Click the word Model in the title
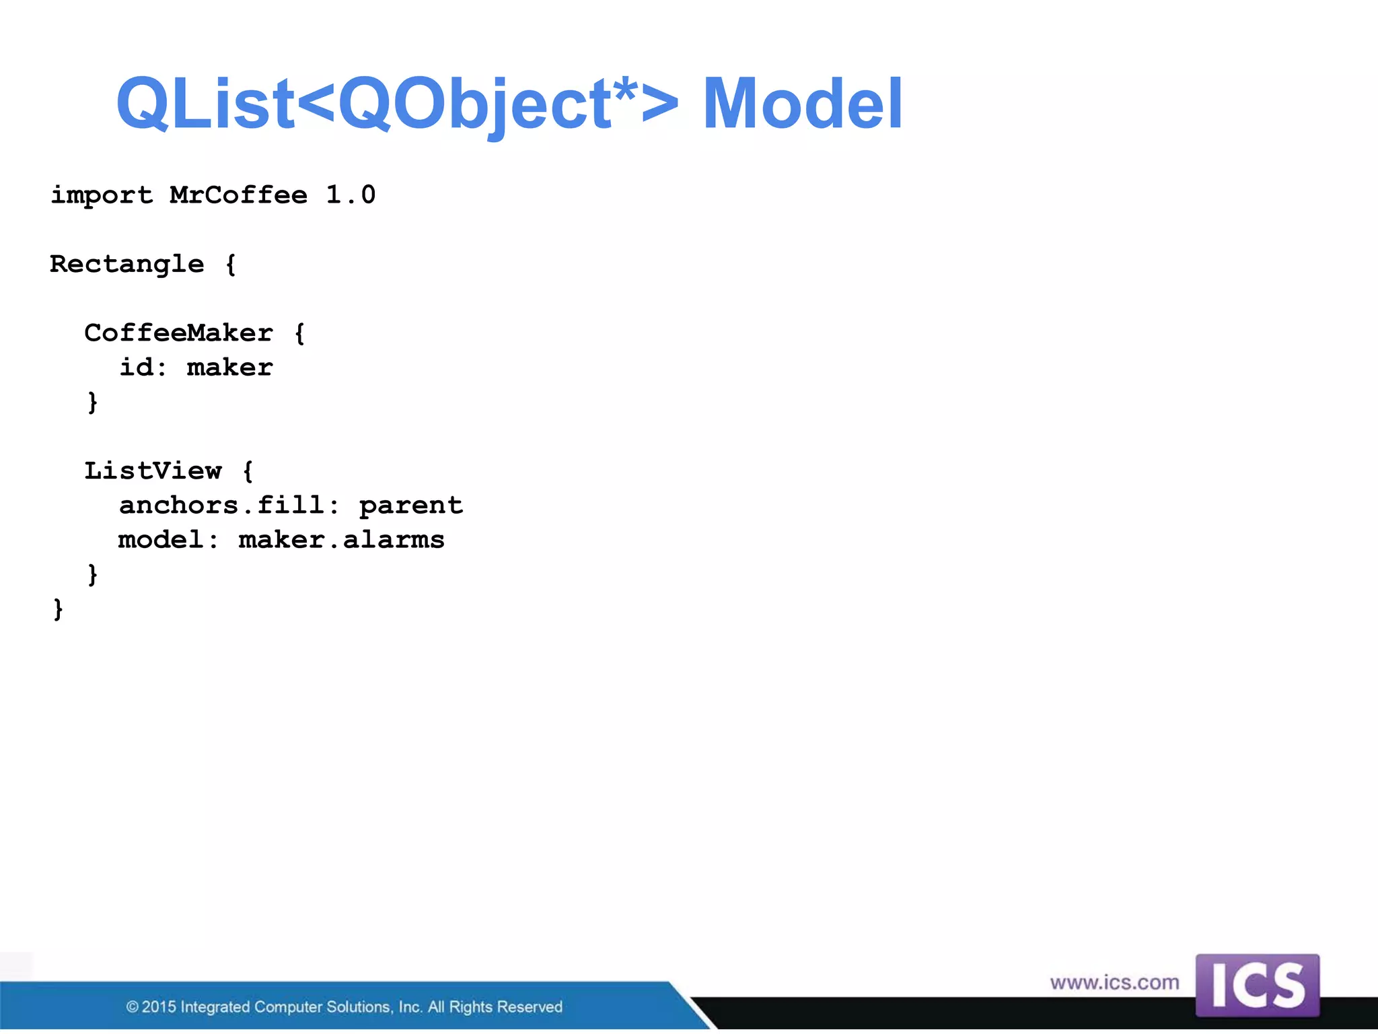(802, 104)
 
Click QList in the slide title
(205, 104)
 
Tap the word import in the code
(102, 195)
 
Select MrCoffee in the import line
(239, 195)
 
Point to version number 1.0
(351, 195)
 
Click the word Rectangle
(127, 264)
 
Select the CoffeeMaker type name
(179, 333)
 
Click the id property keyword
(137, 368)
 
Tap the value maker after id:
(230, 368)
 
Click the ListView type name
(153, 471)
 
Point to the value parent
(411, 505)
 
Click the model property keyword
(161, 540)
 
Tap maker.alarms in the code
(342, 540)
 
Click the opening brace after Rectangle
(231, 265)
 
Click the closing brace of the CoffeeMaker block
(93, 403)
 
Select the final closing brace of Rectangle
(59, 609)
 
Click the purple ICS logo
(1257, 985)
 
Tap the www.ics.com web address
(1114, 983)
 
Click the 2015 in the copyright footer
(159, 1007)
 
